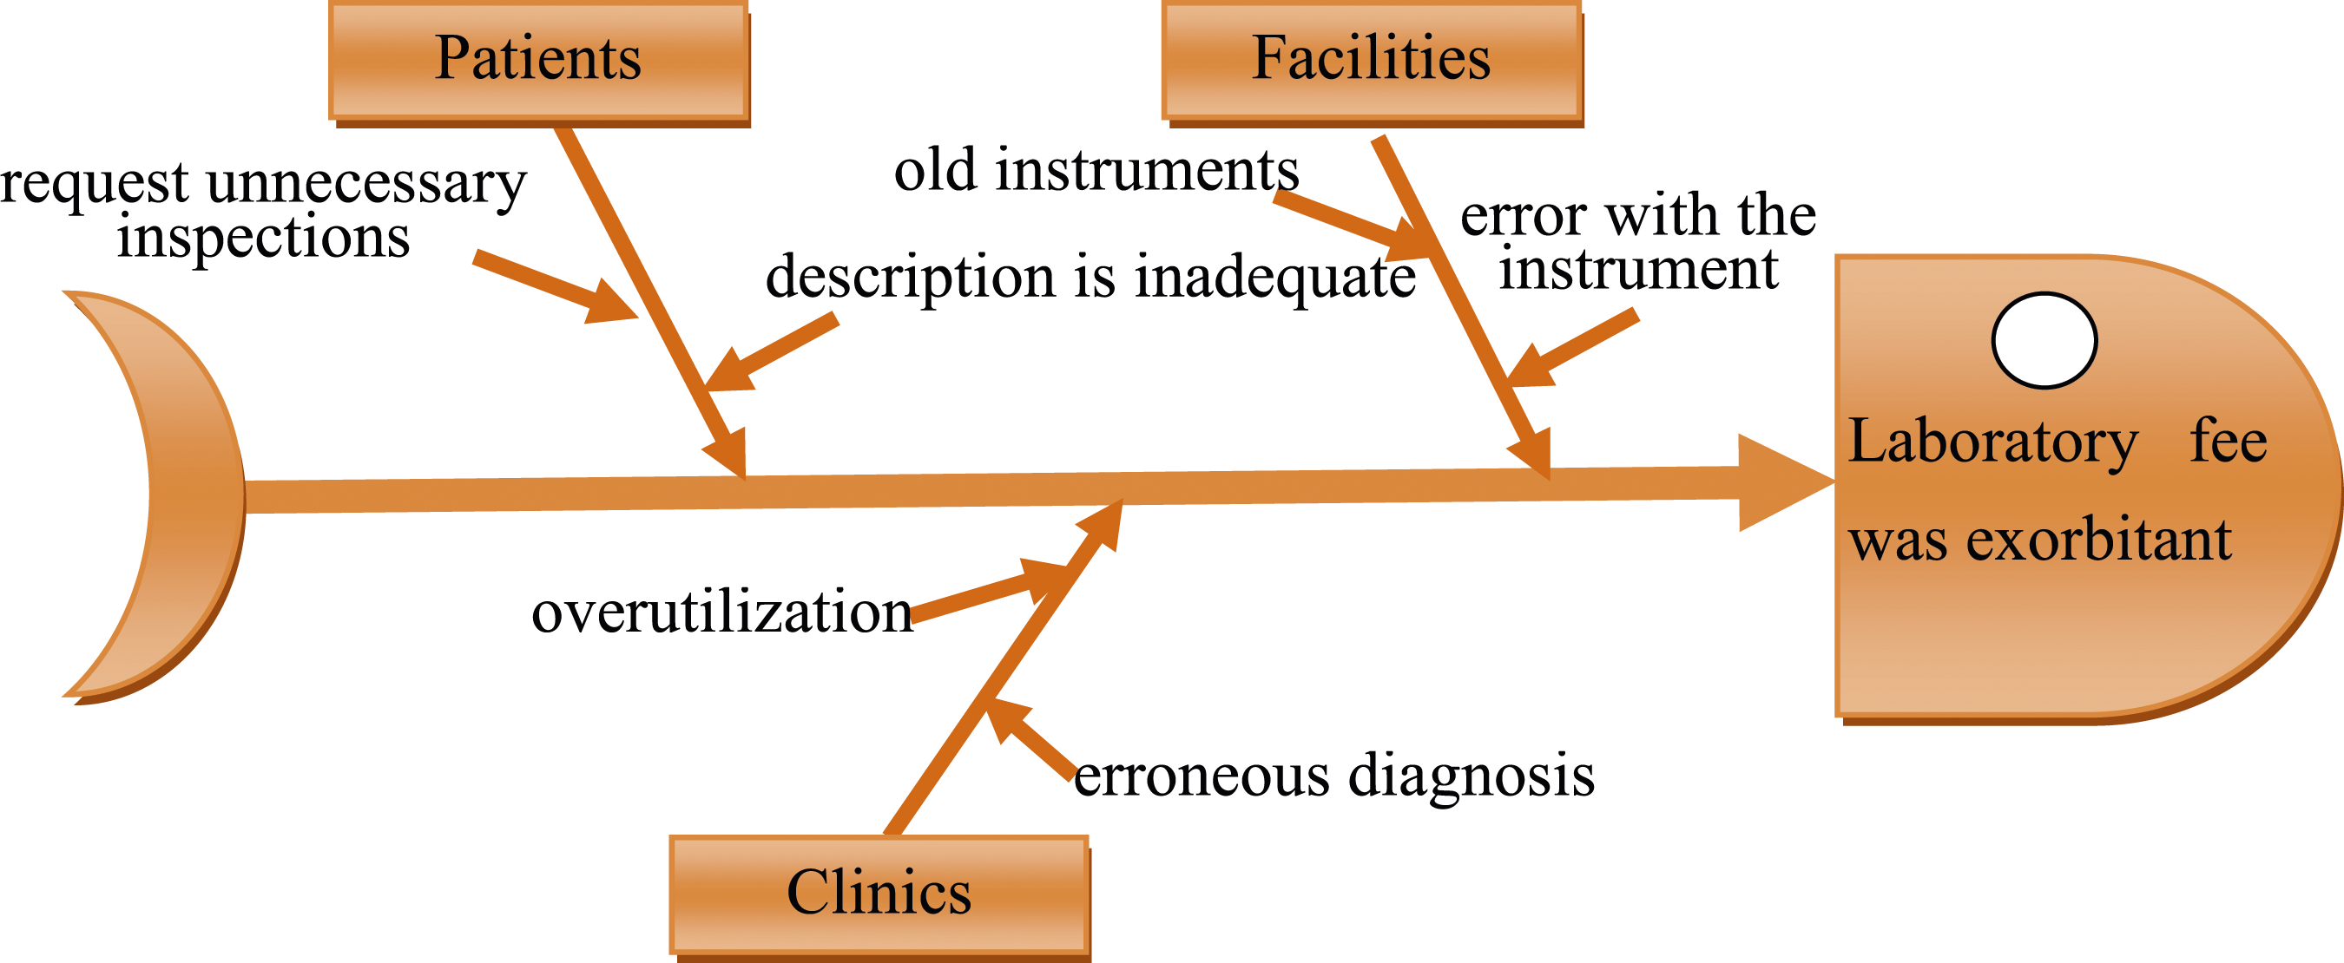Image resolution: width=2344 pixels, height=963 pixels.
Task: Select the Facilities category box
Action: [x=1373, y=62]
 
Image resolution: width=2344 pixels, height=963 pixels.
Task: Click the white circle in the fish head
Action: [x=2044, y=340]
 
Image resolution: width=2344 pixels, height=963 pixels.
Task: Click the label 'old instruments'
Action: [x=1096, y=170]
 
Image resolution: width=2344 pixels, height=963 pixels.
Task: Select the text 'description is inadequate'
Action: [x=1090, y=277]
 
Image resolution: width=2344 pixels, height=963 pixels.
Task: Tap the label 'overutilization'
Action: [x=722, y=611]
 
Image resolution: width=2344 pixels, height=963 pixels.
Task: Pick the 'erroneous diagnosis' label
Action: [x=1334, y=775]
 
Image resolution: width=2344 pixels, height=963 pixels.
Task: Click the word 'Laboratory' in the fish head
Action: [x=1992, y=442]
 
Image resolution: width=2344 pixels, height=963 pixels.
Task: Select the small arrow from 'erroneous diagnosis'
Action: [x=1031, y=738]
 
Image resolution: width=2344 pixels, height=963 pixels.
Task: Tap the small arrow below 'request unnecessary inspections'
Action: [x=556, y=286]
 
